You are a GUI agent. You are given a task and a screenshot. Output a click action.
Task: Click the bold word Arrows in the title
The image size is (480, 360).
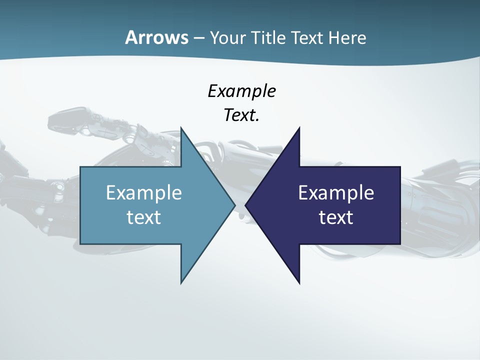156,37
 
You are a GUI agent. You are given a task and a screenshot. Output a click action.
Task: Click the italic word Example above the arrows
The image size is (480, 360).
241,91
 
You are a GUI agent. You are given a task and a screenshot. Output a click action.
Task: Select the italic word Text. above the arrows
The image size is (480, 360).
241,115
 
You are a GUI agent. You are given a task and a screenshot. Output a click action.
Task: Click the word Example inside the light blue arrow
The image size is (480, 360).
143,192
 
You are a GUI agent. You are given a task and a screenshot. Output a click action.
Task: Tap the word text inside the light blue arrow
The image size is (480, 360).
143,217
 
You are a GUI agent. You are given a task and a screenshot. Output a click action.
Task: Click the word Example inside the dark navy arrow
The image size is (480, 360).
336,192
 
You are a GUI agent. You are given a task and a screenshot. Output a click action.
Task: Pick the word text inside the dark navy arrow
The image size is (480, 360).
336,217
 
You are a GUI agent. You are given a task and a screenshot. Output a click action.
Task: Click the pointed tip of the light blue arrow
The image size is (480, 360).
235,205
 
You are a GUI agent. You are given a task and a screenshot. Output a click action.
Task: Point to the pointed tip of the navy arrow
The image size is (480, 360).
245,205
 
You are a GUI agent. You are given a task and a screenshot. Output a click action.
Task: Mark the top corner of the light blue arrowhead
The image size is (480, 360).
181,128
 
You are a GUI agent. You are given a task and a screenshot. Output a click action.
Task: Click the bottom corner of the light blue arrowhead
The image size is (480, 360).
181,283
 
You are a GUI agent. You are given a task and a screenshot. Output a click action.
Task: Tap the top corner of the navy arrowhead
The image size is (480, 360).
299,128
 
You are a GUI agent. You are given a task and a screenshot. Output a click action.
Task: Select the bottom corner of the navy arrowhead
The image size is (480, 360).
299,283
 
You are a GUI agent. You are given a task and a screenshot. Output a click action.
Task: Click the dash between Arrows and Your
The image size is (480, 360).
198,38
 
